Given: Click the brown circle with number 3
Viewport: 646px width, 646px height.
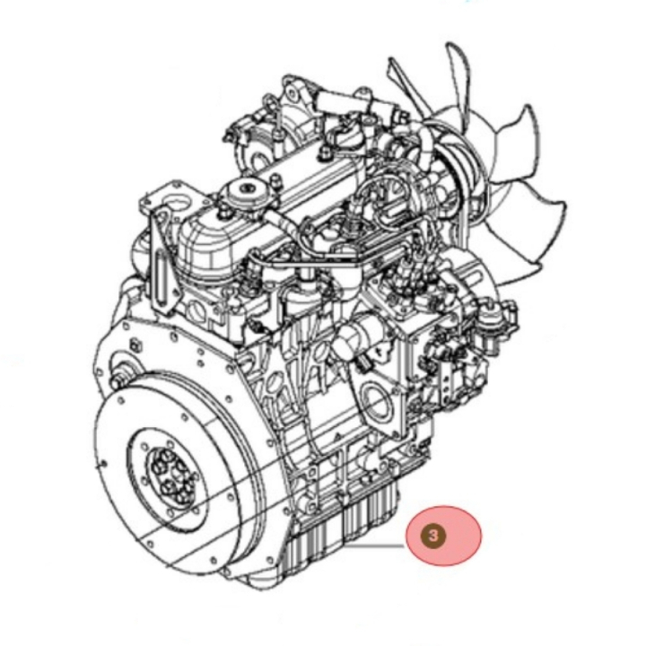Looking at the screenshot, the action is (x=433, y=536).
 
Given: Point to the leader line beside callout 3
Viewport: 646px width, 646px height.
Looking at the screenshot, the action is (x=373, y=546).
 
